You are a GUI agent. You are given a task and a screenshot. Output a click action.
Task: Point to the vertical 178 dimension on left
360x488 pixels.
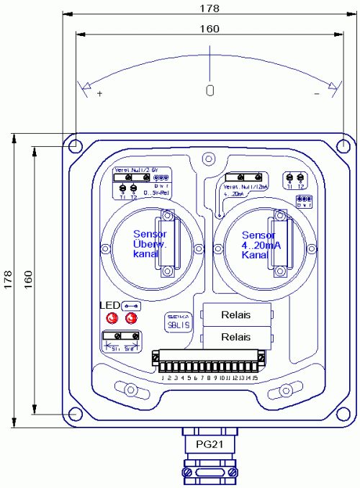click(8, 280)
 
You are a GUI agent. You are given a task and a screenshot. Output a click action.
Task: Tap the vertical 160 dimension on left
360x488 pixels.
click(28, 280)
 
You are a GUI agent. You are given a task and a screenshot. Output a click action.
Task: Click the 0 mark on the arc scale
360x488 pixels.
click(210, 91)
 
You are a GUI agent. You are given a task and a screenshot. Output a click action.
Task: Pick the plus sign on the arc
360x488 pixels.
click(99, 94)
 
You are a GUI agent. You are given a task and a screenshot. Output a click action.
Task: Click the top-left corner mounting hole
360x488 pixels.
click(76, 145)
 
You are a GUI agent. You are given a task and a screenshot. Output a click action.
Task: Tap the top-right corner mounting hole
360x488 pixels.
click(343, 145)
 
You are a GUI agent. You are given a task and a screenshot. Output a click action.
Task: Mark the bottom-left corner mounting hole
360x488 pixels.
click(76, 414)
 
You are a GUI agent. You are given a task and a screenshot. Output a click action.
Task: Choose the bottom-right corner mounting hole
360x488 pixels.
click(343, 414)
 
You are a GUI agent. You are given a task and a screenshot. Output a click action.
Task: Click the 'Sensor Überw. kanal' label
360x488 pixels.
click(150, 244)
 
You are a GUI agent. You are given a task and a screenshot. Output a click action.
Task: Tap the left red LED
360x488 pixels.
click(112, 318)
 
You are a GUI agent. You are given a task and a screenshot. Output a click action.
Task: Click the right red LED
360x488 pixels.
click(131, 318)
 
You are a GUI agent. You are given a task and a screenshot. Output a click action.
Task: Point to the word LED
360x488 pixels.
click(108, 305)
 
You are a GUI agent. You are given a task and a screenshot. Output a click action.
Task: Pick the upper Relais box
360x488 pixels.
click(237, 314)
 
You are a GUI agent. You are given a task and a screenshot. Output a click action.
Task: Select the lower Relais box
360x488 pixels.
click(237, 336)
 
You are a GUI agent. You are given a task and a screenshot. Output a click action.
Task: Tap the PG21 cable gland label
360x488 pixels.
click(209, 444)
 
